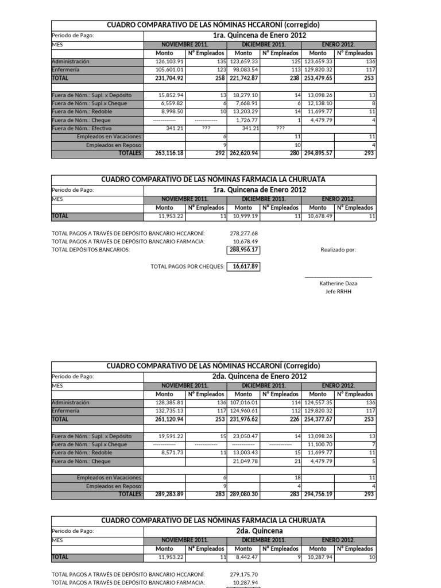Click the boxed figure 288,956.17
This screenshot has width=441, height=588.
coord(243,250)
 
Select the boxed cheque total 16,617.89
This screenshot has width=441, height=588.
coord(243,266)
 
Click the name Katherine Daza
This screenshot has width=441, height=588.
coord(338,283)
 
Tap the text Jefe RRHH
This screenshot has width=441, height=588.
coord(338,292)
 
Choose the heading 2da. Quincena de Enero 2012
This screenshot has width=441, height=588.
coord(260,376)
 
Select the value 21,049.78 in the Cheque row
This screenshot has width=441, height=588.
coord(244,461)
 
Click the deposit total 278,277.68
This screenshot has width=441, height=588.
coord(243,233)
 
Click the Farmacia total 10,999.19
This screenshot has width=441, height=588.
coord(244,216)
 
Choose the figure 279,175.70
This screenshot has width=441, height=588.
coord(243,574)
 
